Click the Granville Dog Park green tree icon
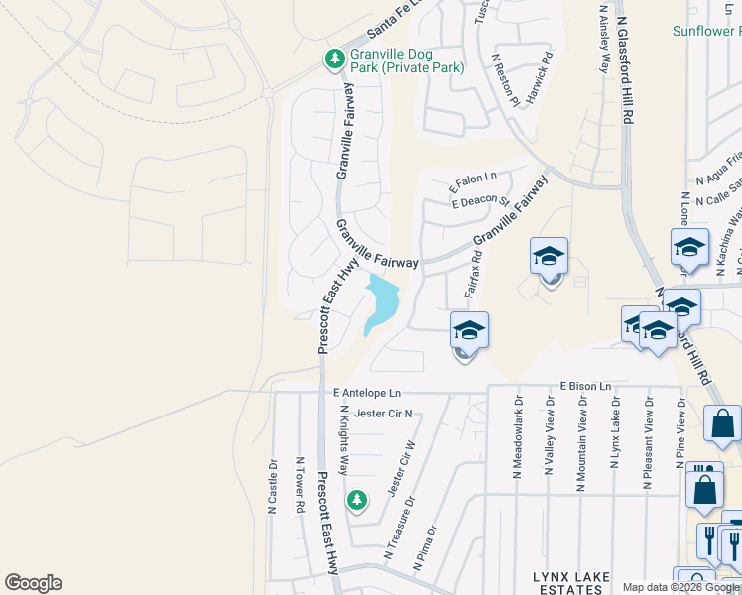(335, 60)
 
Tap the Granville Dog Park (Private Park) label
(407, 61)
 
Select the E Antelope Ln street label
(367, 393)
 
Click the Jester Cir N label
(382, 414)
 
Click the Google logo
(33, 583)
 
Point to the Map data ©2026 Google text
(680, 587)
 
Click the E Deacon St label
(480, 202)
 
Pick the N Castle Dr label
(272, 485)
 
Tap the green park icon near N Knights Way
(356, 501)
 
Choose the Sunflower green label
(706, 32)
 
